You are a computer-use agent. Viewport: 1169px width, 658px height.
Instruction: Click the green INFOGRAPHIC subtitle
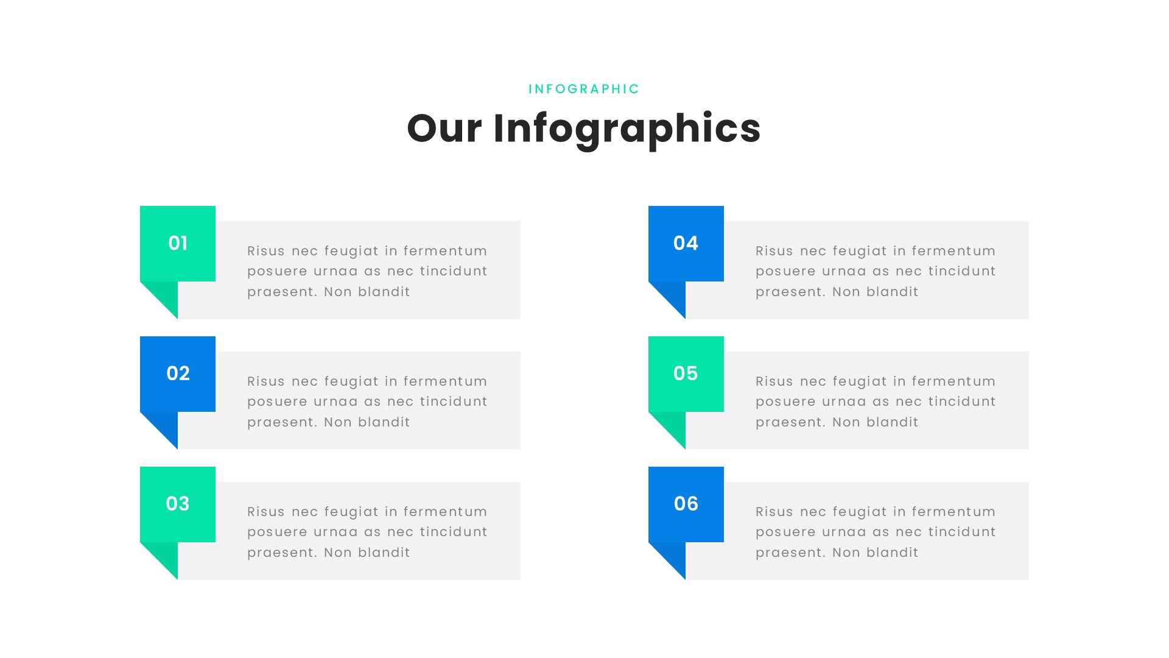(x=584, y=89)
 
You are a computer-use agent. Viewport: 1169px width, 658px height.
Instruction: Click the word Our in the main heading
(x=444, y=129)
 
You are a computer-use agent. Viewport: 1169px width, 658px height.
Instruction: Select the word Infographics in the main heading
(x=627, y=129)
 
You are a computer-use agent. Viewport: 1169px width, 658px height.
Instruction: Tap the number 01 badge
(x=178, y=243)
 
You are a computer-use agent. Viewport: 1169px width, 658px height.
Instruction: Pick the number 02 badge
(x=178, y=373)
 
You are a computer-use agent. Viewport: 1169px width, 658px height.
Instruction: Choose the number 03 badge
(x=178, y=504)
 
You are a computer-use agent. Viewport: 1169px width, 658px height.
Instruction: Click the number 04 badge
(x=686, y=243)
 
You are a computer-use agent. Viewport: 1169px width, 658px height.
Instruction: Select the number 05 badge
(x=686, y=373)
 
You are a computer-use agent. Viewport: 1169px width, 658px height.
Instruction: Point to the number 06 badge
(x=686, y=504)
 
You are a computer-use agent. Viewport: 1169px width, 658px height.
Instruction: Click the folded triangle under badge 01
(x=166, y=295)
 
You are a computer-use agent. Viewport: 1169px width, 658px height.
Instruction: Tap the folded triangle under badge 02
(x=166, y=426)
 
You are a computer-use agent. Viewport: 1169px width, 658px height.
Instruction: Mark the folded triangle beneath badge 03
(x=166, y=556)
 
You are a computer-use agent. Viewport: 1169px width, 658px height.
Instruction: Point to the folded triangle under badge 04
(x=673, y=295)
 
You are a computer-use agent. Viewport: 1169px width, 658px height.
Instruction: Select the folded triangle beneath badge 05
(x=673, y=426)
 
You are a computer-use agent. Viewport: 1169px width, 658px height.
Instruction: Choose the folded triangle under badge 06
(x=673, y=556)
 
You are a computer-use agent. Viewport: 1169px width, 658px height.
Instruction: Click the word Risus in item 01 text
(x=266, y=251)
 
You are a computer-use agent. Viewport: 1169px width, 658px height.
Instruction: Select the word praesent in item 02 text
(x=282, y=422)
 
